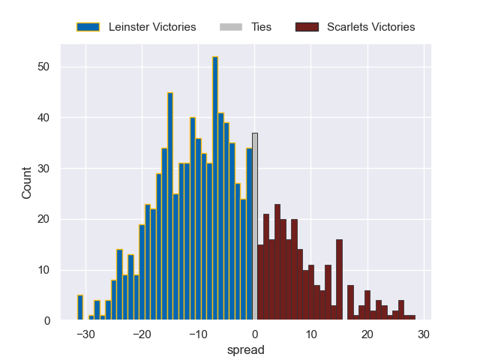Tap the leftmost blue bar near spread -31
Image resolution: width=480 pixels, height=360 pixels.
coord(80,308)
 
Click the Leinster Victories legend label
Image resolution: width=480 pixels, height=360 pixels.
coord(152,27)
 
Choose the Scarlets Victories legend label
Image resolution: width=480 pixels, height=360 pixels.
coord(370,27)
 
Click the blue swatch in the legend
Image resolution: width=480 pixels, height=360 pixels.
coord(88,27)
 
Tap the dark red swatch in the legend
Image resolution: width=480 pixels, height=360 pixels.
coord(307,27)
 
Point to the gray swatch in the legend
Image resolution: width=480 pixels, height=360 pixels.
coord(231,27)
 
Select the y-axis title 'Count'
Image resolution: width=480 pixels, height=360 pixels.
coord(27,183)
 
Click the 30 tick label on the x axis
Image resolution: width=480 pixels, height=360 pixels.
coord(424,334)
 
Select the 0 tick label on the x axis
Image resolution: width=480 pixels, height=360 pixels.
coord(255,334)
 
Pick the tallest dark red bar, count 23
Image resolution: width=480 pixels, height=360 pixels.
coord(277,262)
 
